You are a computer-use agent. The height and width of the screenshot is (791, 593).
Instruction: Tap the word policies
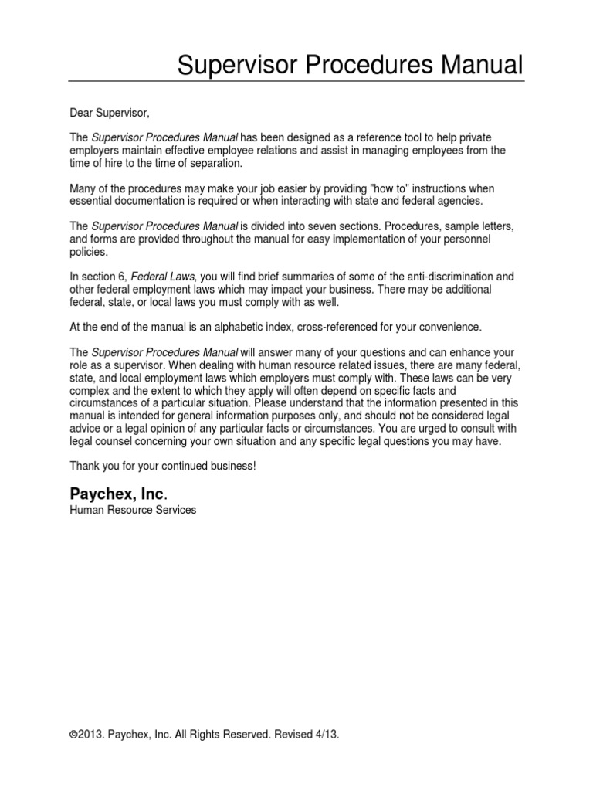(x=90, y=252)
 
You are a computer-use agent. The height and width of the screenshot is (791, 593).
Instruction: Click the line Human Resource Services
(x=133, y=510)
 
